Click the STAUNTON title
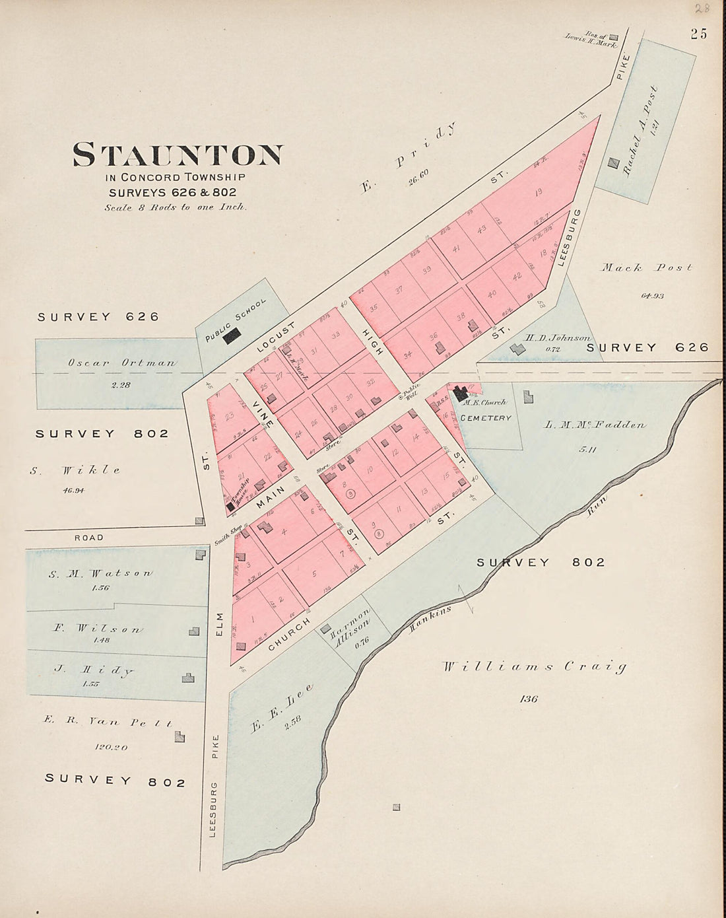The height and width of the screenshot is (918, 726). pos(178,155)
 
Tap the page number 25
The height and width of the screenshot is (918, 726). pos(699,34)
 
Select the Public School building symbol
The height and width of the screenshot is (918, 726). pos(232,337)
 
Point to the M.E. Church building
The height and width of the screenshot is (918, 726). pos(460,394)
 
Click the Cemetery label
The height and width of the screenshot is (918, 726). pos(485,418)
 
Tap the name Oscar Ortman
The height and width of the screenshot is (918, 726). pos(121,363)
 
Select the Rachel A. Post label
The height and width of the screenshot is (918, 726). pos(638,130)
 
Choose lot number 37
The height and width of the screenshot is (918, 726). pos(399,289)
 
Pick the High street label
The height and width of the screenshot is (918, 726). pos(368,341)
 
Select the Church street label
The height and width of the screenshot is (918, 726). pos(290,635)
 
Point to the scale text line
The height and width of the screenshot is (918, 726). pos(176,207)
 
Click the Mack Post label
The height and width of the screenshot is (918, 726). pos(647,268)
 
